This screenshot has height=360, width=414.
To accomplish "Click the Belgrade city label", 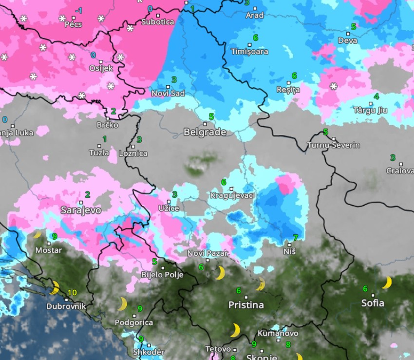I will coord(205,132).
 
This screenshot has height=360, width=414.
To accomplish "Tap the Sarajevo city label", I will coord(81,210).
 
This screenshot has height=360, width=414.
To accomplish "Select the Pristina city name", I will coord(246,305).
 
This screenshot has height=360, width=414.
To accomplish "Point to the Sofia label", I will coord(373,303).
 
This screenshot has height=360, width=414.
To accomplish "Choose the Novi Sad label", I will coord(168,93).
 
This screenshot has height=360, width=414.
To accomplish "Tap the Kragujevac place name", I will coord(231,196).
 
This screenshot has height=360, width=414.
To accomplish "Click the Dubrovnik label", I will coord(66,306).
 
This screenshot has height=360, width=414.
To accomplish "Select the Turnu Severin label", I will coord(334,145).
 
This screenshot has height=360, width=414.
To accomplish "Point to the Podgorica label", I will coord(133,322).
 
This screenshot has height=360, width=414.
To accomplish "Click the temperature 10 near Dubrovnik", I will coord(72,293).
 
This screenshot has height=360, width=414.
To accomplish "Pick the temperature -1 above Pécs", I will coord(78,11).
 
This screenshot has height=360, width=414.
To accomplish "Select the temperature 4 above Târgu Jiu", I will coord(376,96).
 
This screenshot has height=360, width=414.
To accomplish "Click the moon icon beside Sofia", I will coord(387,283).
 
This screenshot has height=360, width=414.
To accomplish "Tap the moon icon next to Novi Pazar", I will coord(220,273).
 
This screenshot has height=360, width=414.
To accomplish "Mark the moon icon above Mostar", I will coord(37,235).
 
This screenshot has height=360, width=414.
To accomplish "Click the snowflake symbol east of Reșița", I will coord(334,87).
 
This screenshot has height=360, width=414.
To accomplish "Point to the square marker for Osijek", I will coord(101,62).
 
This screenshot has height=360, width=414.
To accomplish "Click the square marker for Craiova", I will coord(401,164).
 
